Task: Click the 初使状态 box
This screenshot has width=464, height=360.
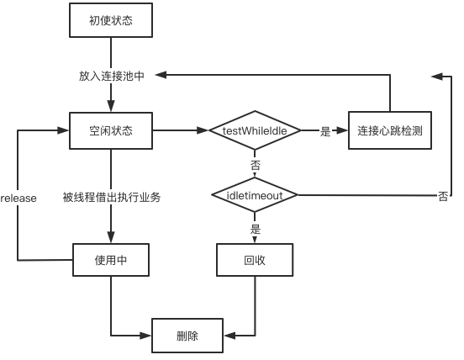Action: coord(111,20)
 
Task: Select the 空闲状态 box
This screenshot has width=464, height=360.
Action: coord(111,130)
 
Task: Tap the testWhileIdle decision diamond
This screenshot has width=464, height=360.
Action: coord(255,130)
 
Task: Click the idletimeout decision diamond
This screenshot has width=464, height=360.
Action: coord(255,195)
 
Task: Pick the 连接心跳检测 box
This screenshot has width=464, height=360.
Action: coord(390,130)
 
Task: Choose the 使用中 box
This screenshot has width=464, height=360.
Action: coord(111,260)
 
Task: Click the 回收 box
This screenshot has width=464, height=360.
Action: coord(255,260)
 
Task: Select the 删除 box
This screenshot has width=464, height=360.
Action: coord(187,336)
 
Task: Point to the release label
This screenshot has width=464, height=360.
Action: coord(18,198)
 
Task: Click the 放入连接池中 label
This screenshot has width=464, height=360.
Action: coord(112,76)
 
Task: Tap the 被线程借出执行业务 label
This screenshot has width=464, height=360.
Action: coord(112,197)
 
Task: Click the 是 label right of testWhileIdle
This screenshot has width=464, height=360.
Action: coord(325,131)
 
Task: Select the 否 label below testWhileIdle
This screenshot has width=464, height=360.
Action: coord(255,165)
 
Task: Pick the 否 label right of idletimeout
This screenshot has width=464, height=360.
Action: coord(443,196)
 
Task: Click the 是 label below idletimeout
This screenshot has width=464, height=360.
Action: coord(255,229)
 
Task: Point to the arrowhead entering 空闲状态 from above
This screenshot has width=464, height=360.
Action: coord(111,106)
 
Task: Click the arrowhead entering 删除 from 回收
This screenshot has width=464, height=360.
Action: coord(229,336)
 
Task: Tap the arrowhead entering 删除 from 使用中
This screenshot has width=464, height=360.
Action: coord(145,336)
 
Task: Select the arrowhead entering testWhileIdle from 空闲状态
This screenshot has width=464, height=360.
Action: coord(203,130)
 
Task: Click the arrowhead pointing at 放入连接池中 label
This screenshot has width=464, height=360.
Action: coord(161,75)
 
